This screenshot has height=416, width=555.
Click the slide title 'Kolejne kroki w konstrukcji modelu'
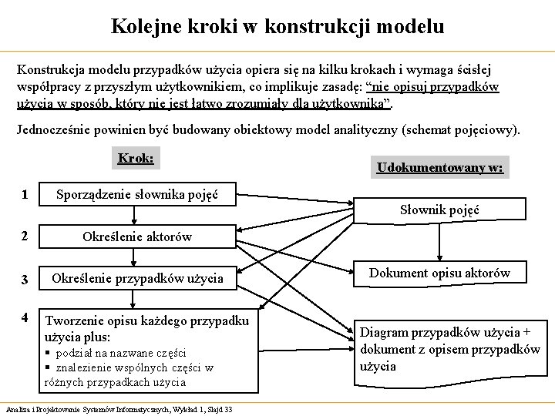click(x=277, y=27)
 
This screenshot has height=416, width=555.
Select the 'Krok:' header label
click(x=136, y=159)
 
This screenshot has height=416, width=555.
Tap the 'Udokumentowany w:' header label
click(x=439, y=168)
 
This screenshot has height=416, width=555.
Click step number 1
click(x=25, y=195)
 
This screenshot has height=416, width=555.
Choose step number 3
click(x=25, y=278)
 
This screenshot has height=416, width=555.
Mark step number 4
click(x=25, y=317)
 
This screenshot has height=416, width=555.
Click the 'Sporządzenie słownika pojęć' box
click(x=137, y=195)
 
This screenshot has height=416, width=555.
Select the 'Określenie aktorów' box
click(x=137, y=237)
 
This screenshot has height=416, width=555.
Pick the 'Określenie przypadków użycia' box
click(x=137, y=277)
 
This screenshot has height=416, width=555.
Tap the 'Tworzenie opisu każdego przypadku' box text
click(x=146, y=320)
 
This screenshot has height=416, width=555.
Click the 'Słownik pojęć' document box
click(x=439, y=210)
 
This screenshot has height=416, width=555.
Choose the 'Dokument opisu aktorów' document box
click(x=439, y=273)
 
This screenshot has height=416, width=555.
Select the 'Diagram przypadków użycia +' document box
click(x=446, y=333)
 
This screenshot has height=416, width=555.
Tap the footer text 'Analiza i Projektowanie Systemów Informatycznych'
click(x=85, y=409)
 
